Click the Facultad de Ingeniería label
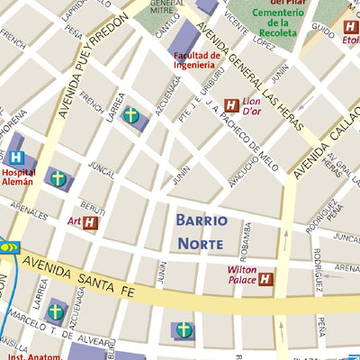194,59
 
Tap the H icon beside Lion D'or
231,105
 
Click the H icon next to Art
90,221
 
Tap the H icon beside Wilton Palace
265,280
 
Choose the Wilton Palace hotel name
241,274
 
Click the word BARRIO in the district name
201,220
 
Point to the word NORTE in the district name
201,244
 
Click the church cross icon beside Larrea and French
131,115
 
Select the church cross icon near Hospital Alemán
58,178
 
